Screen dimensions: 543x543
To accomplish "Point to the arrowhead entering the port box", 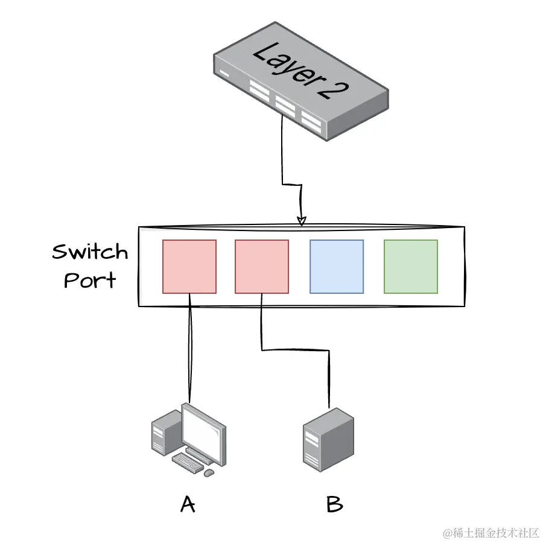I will coord(302,220).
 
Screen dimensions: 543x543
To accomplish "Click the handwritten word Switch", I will coord(90,252).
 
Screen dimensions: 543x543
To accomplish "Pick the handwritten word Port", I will coord(90,281).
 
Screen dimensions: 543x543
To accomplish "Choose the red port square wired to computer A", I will coord(189,267).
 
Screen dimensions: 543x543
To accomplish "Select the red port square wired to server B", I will coord(261,267).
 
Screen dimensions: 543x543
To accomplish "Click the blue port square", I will coord(337,267).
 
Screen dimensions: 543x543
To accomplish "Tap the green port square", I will coord(411,267).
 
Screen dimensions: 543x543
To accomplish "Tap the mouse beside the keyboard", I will coord(209,472).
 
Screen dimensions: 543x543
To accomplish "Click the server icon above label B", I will coord(328,439).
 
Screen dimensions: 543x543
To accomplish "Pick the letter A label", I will coord(188,504).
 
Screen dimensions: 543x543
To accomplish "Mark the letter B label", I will coord(334,504).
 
